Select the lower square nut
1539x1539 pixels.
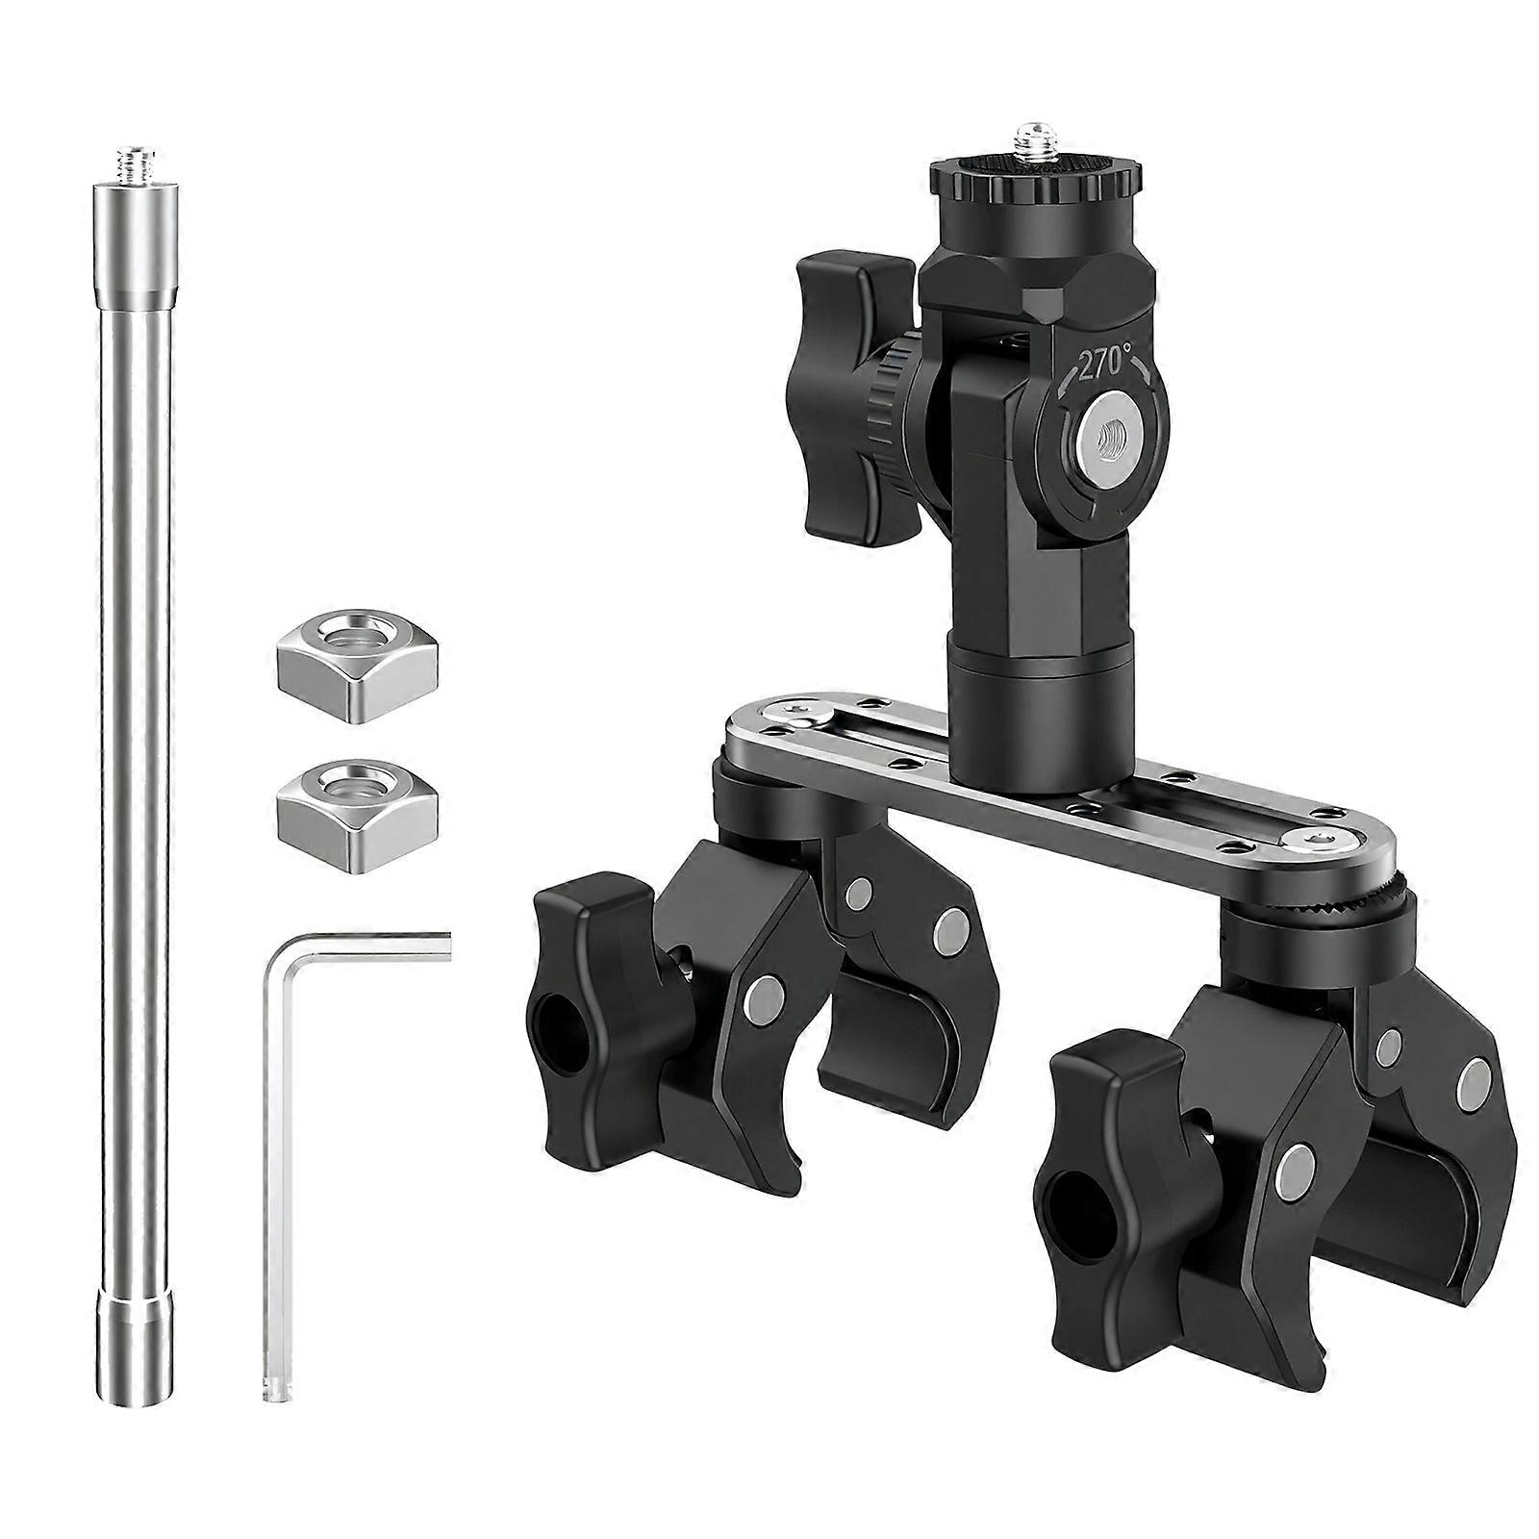pyautogui.click(x=358, y=792)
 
